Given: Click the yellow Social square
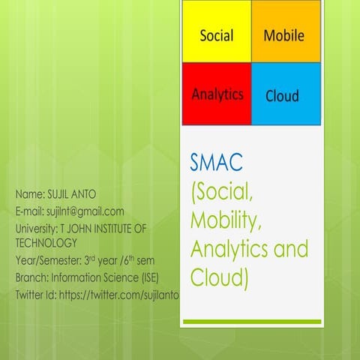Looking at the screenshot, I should (217, 34).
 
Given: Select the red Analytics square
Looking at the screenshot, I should (217, 94).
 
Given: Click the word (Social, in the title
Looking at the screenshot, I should (225, 192).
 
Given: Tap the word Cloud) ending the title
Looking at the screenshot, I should (218, 278).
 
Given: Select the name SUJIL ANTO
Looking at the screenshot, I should (74, 195).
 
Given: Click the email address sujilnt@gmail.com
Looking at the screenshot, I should (84, 211).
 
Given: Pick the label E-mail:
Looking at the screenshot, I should (31, 211).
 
